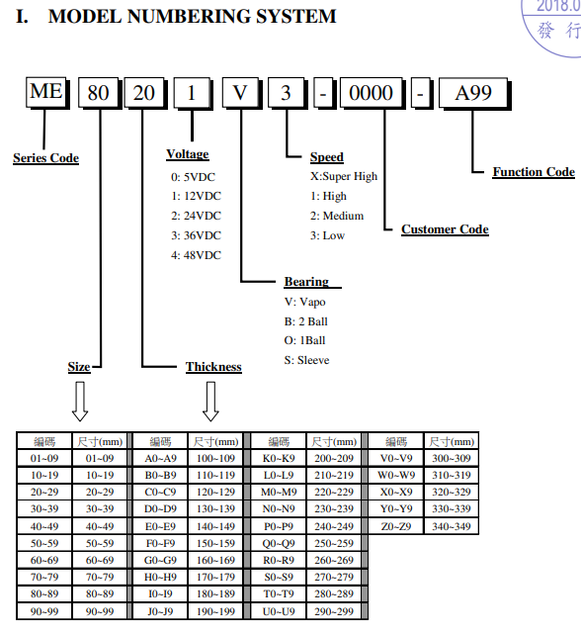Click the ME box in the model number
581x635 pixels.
pyautogui.click(x=46, y=92)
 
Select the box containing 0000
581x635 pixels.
pyautogui.click(x=371, y=93)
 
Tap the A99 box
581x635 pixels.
pyautogui.click(x=473, y=93)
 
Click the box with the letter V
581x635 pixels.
pyautogui.click(x=240, y=93)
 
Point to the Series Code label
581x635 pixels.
pyautogui.click(x=45, y=158)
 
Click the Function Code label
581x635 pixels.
pyautogui.click(x=534, y=172)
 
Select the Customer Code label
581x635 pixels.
pyautogui.click(x=445, y=229)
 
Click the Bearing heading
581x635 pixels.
pyautogui.click(x=306, y=282)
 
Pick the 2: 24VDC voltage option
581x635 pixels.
pyautogui.click(x=197, y=216)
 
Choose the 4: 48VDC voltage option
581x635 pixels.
pyautogui.click(x=197, y=255)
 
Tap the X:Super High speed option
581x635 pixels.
pyautogui.click(x=344, y=177)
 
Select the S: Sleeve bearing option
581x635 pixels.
pyautogui.click(x=306, y=360)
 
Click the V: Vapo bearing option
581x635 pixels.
pyautogui.click(x=304, y=302)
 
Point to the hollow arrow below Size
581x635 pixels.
pyautogui.click(x=80, y=402)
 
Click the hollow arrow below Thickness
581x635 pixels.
pyautogui.click(x=210, y=402)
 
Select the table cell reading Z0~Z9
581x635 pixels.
pyautogui.click(x=396, y=526)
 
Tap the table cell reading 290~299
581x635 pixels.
pyautogui.click(x=334, y=611)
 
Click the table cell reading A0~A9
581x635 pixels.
pyautogui.click(x=161, y=458)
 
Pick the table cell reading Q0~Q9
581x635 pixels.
pyautogui.click(x=279, y=543)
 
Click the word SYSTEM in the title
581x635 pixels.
pyautogui.click(x=296, y=17)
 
